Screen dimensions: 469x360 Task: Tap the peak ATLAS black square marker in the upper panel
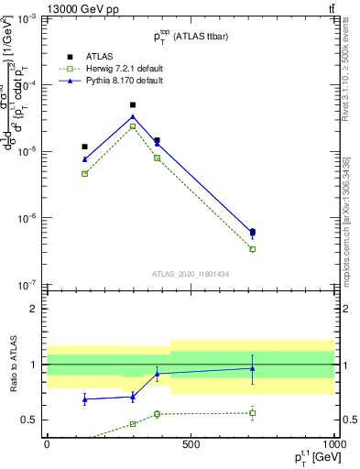pos(133,105)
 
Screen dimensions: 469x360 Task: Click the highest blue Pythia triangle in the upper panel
pos(133,116)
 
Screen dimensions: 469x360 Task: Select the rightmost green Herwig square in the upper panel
pos(252,249)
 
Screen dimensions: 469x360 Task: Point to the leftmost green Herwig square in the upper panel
pos(85,173)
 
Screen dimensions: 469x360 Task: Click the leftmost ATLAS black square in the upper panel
pos(85,147)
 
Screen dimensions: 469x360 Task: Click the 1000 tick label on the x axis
pos(332,444)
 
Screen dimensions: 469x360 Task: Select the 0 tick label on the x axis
pos(47,444)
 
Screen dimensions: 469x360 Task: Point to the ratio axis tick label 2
pos(35,309)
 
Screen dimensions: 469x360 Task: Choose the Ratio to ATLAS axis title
pos(12,365)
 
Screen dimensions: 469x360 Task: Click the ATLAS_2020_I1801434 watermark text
pos(190,274)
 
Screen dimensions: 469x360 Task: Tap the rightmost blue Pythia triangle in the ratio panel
pos(252,368)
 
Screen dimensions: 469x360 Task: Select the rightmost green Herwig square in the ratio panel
pos(252,413)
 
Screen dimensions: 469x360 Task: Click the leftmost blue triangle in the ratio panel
pos(85,399)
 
